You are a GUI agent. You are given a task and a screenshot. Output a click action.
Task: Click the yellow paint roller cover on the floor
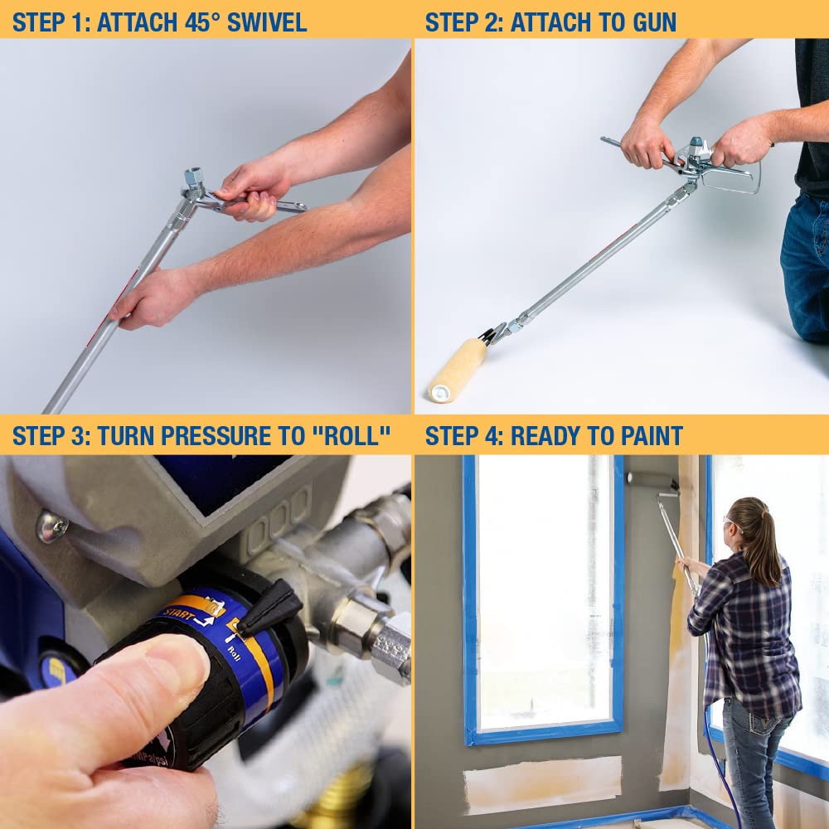pos(458,370)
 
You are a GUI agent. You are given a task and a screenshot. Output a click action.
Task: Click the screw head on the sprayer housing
pos(52,526)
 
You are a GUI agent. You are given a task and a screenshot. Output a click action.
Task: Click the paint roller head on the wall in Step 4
pos(652,478)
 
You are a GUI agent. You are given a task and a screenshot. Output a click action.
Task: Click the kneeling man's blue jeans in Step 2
pos(804,265)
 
